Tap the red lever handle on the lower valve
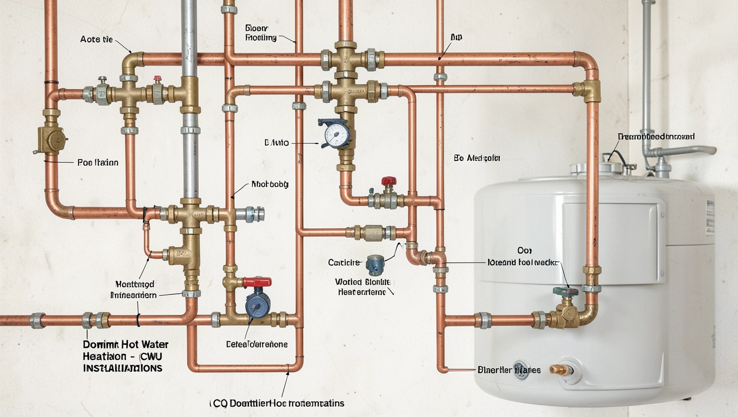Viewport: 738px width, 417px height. pyautogui.click(x=257, y=282)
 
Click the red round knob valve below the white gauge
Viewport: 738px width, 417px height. pyautogui.click(x=389, y=181)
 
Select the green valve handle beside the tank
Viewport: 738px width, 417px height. pyautogui.click(x=565, y=292)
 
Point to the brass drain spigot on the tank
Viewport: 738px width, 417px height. pyautogui.click(x=558, y=370)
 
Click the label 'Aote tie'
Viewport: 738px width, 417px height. pyautogui.click(x=97, y=39)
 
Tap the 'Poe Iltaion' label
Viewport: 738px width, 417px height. pyautogui.click(x=98, y=162)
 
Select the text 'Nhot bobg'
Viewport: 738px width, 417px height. pyautogui.click(x=270, y=185)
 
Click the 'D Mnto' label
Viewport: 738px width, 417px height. pyautogui.click(x=277, y=143)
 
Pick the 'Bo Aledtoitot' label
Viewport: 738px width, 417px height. pyautogui.click(x=476, y=158)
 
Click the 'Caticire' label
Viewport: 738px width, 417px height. pyautogui.click(x=344, y=262)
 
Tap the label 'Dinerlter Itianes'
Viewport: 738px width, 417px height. pyautogui.click(x=509, y=370)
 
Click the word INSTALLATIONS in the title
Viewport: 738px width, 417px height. pyautogui.click(x=123, y=368)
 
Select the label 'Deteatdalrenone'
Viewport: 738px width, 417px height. pyautogui.click(x=257, y=344)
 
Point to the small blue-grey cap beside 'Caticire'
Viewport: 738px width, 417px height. pyautogui.click(x=375, y=264)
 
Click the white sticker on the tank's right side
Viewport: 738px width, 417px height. pyautogui.click(x=710, y=217)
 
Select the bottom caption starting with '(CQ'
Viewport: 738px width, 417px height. pyautogui.click(x=277, y=403)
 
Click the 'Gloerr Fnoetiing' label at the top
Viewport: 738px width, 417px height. pyautogui.click(x=261, y=33)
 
